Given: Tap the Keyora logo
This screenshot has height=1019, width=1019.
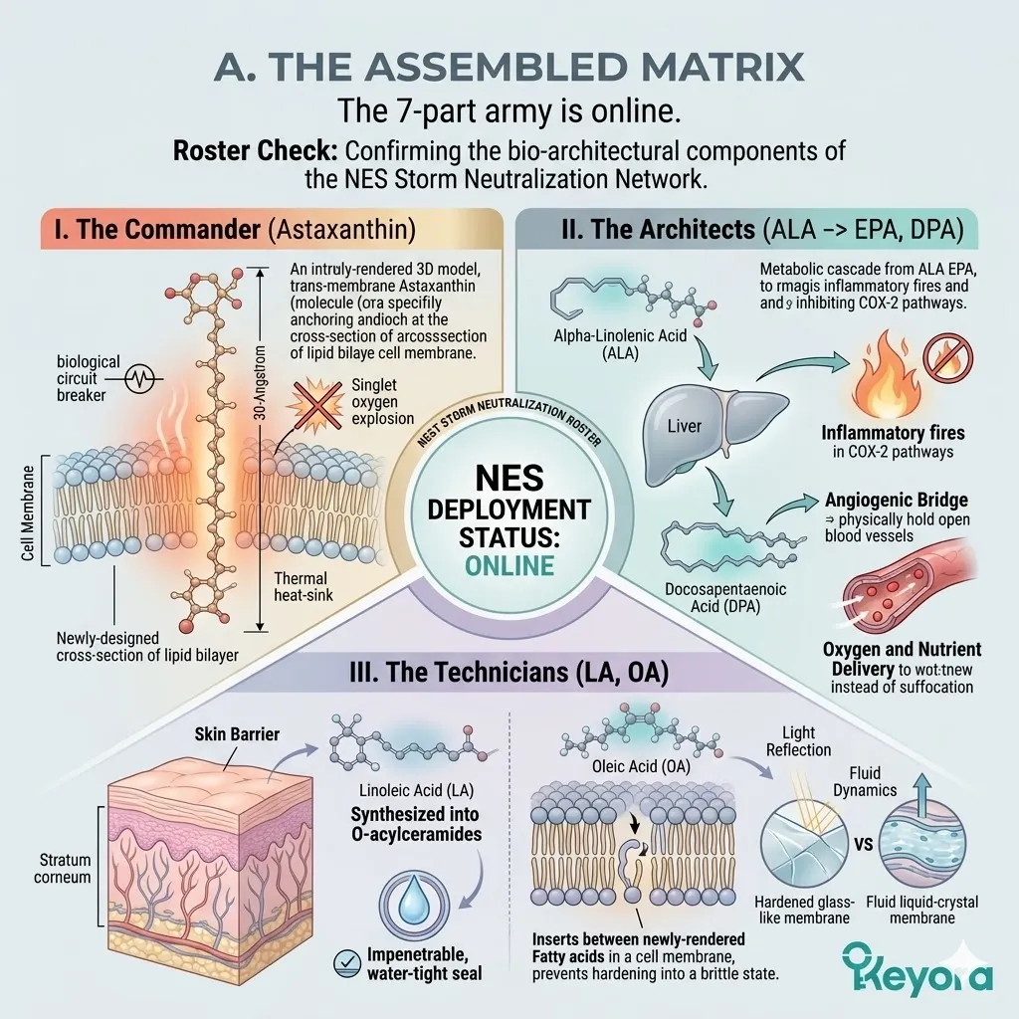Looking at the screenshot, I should point(916,967).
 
